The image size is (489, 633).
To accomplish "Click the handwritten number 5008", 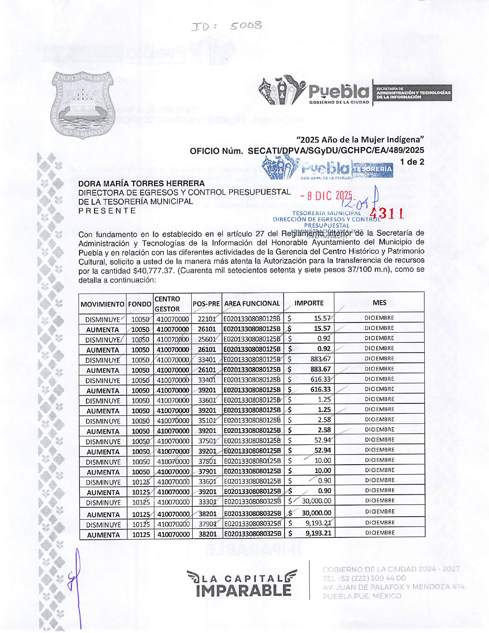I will coord(246,26).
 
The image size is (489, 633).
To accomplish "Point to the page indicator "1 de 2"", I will coord(412,162).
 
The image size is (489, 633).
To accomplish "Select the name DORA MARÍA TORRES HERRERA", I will coord(141,183).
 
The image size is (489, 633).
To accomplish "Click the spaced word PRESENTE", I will coord(107,211).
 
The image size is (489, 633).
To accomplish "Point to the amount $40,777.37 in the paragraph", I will coord(153,271).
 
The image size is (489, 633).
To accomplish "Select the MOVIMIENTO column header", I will coord(103,304).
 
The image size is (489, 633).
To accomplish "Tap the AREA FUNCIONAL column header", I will coord(252,304).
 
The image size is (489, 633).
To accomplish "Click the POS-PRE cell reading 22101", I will coord(207,319).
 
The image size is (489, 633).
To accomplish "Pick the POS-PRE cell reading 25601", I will coord(207,339).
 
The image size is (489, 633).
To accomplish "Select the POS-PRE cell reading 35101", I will coord(207,421).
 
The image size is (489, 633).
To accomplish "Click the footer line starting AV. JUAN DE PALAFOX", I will coord(394,587).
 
